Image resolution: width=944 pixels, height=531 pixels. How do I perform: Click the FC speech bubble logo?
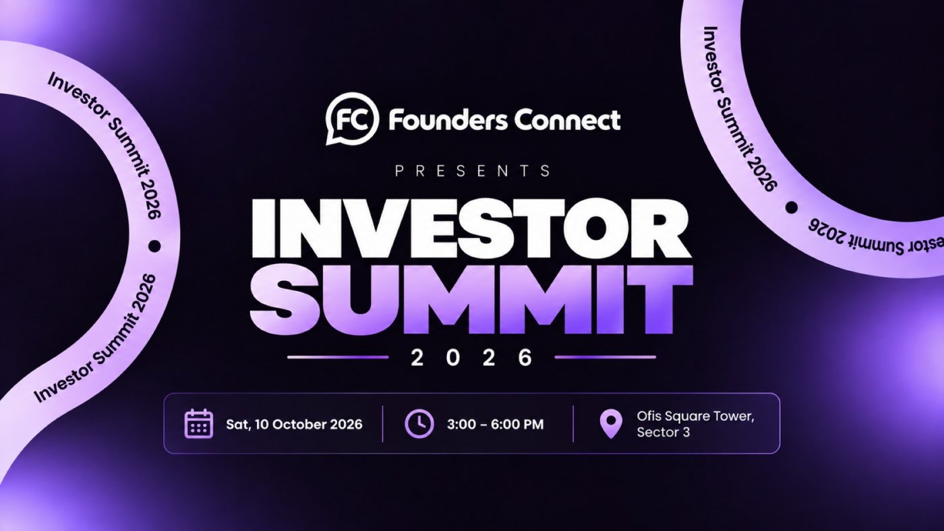click(x=352, y=119)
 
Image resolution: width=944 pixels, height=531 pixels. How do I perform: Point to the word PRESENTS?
click(x=473, y=170)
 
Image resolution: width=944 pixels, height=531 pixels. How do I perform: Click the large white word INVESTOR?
click(x=471, y=228)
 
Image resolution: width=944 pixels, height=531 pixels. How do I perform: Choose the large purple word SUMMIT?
click(x=471, y=299)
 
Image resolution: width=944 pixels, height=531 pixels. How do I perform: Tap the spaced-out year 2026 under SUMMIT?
click(x=471, y=358)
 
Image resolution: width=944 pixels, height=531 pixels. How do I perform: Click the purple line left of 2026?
click(x=338, y=358)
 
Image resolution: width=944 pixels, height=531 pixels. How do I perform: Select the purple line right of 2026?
click(x=606, y=358)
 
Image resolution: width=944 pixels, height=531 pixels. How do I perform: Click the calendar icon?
click(x=199, y=424)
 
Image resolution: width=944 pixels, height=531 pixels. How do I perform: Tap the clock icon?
click(x=419, y=424)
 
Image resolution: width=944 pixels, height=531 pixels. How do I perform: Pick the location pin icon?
click(x=611, y=424)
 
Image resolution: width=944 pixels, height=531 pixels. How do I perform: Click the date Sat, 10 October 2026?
click(x=294, y=424)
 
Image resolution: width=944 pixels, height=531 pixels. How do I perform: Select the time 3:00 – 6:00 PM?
click(x=495, y=424)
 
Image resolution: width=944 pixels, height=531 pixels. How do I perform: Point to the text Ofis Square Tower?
click(x=695, y=416)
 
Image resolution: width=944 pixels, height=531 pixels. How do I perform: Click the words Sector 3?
click(x=663, y=433)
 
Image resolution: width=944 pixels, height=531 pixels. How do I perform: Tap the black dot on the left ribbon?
click(x=154, y=246)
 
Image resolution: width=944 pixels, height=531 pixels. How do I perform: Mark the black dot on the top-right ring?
click(x=792, y=208)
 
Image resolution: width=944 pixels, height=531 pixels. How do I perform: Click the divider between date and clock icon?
click(x=383, y=424)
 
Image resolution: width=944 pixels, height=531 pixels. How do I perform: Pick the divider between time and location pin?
click(x=573, y=424)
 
